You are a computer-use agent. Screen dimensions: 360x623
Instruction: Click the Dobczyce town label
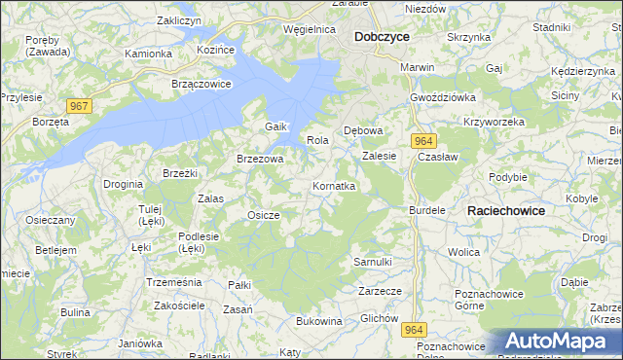(x=382, y=36)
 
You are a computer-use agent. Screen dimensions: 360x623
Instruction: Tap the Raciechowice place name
(x=506, y=210)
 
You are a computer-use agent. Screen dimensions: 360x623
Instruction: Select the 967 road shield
(x=80, y=105)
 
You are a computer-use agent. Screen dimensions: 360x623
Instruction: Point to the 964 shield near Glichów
(x=413, y=331)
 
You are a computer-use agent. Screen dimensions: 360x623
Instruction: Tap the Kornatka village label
(x=334, y=185)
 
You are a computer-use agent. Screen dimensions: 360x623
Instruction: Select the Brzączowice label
(x=202, y=84)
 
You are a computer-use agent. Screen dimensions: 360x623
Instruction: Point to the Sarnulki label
(x=372, y=262)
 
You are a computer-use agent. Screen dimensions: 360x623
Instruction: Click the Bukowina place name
(x=318, y=321)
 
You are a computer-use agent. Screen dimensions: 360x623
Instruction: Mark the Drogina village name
(x=124, y=183)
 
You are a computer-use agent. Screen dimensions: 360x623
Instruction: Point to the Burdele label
(x=427, y=209)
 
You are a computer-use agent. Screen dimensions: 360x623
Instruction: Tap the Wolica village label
(x=464, y=252)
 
